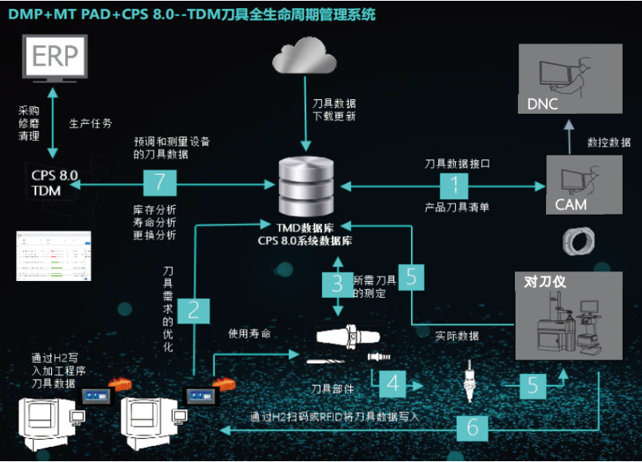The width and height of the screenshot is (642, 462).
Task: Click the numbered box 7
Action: [x=159, y=183]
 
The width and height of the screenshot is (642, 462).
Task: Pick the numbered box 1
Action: [x=455, y=185]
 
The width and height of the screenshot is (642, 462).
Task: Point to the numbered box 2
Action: [x=193, y=310]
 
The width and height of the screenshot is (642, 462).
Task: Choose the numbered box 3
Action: [x=337, y=283]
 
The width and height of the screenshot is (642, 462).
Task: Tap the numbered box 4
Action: [x=392, y=383]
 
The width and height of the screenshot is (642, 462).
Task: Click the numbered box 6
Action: [x=472, y=427]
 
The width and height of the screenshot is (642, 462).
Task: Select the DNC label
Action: [x=543, y=104]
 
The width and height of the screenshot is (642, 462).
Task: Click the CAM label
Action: [x=570, y=203]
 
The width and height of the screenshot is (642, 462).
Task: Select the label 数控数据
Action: [x=610, y=142]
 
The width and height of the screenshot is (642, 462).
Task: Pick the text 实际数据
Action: [x=457, y=335]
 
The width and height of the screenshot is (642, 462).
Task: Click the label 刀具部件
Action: [x=332, y=389]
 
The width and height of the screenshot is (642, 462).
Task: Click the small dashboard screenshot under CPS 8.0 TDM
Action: [x=54, y=256]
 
